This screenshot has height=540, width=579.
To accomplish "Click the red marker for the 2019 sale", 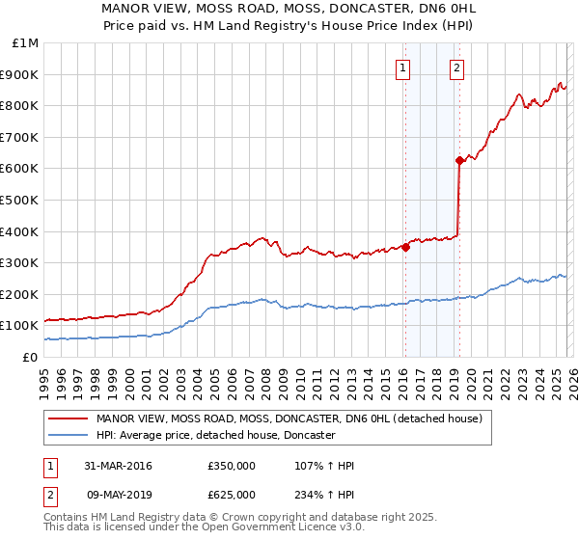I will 459,161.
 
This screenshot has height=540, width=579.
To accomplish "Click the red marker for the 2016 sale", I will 405,247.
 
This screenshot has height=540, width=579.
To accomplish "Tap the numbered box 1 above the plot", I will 401,67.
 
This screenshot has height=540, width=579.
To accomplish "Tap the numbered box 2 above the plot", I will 455,67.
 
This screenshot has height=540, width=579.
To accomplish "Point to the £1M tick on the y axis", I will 26,42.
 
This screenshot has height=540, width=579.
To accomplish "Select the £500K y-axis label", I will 21,200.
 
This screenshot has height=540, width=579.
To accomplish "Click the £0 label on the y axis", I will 31,357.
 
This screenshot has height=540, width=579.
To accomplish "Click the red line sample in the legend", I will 69,419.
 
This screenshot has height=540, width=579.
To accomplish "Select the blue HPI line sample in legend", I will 69,435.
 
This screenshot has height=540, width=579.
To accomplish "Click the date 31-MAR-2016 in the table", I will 118,466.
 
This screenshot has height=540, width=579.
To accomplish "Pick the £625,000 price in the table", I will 232,494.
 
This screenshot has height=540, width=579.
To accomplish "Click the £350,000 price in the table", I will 232,466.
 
